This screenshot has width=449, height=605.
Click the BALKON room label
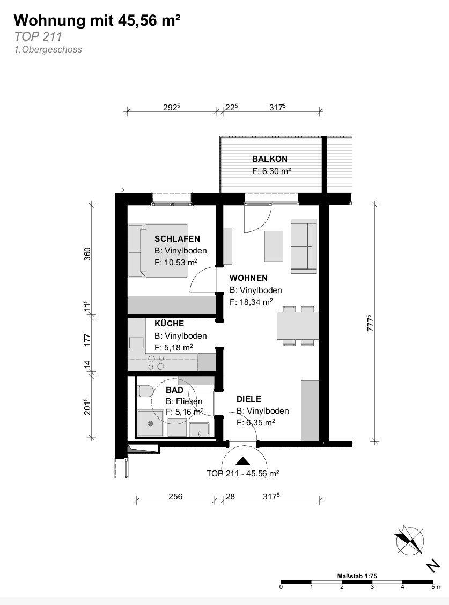pos(270,159)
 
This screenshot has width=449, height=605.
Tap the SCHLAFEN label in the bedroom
pos(177,239)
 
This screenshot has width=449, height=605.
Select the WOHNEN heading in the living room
pos(248,278)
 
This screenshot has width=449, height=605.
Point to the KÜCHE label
pos(169,323)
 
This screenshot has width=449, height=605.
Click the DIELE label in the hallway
pos(249,399)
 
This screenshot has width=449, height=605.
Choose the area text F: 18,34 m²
pos(251,302)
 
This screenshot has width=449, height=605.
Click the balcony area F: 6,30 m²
pos(271,171)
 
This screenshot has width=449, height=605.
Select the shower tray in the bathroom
pos(150,423)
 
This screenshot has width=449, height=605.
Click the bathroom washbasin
pos(199,429)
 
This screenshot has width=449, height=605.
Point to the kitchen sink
pos(136,342)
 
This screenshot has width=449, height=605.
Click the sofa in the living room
pos(304,246)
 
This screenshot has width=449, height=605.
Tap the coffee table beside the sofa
pos(274,246)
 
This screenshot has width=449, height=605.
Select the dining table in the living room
pos(298,326)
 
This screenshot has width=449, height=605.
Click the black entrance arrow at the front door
pos(242,460)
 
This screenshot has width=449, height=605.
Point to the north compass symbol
pos(410,540)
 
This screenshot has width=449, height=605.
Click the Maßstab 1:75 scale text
pos(357,576)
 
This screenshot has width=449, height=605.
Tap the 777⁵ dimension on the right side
pos(370,323)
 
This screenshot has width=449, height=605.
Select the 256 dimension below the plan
pos(175,496)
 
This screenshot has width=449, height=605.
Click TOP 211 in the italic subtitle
pos(38,36)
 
